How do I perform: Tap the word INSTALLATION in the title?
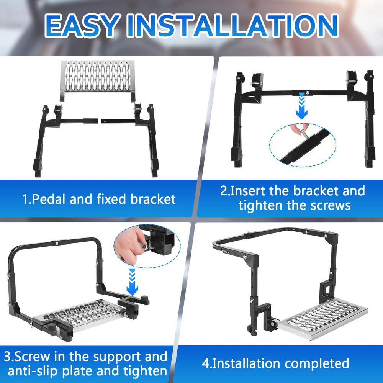click(232, 25)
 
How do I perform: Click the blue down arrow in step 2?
click(302, 106)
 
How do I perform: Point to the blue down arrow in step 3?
click(132, 282)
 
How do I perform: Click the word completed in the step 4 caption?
click(317, 363)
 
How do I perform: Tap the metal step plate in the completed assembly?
click(322, 319)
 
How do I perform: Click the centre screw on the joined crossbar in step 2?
click(307, 93)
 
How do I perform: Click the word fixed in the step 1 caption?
click(111, 199)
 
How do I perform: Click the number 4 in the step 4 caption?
click(206, 363)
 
